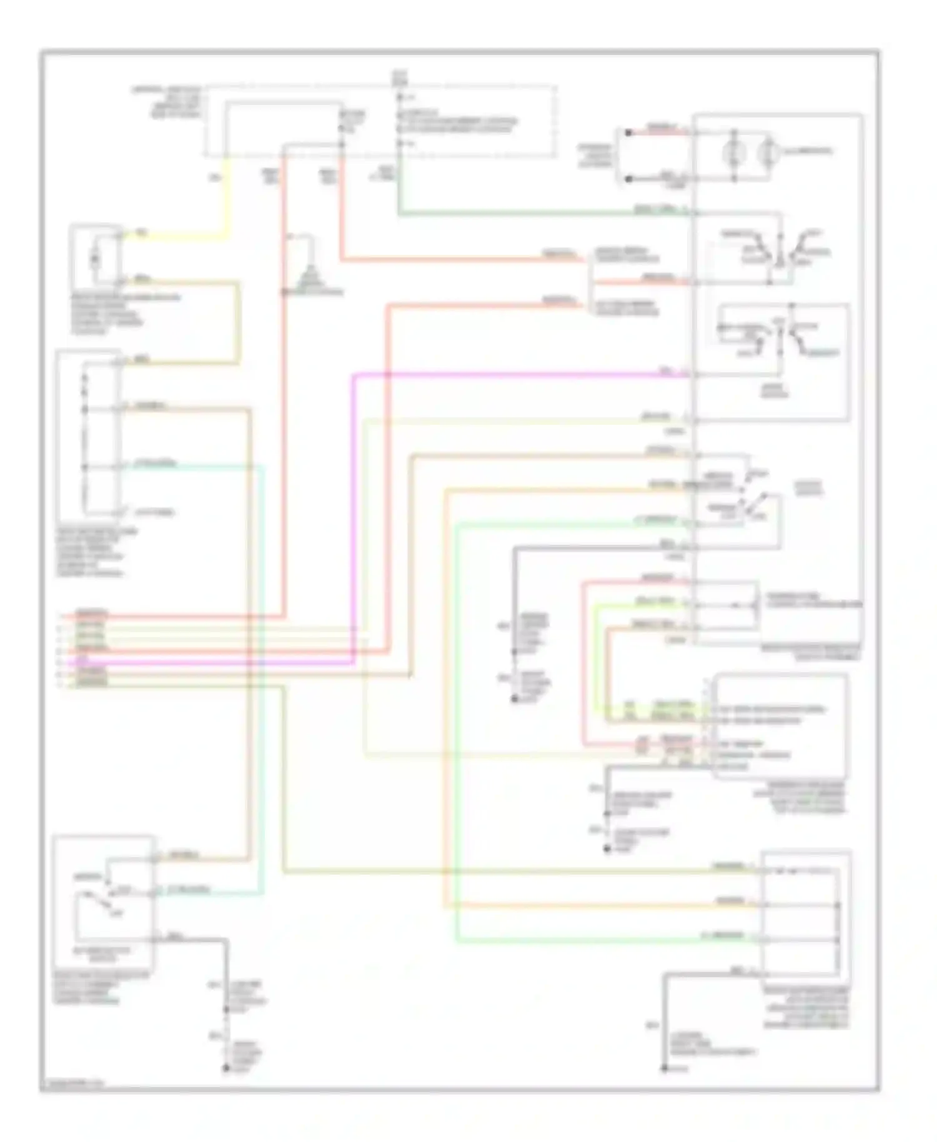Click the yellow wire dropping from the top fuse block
226,200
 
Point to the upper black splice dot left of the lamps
628,132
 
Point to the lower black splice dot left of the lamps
628,179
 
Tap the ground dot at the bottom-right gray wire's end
665,1069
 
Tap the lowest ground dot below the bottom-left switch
226,1069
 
